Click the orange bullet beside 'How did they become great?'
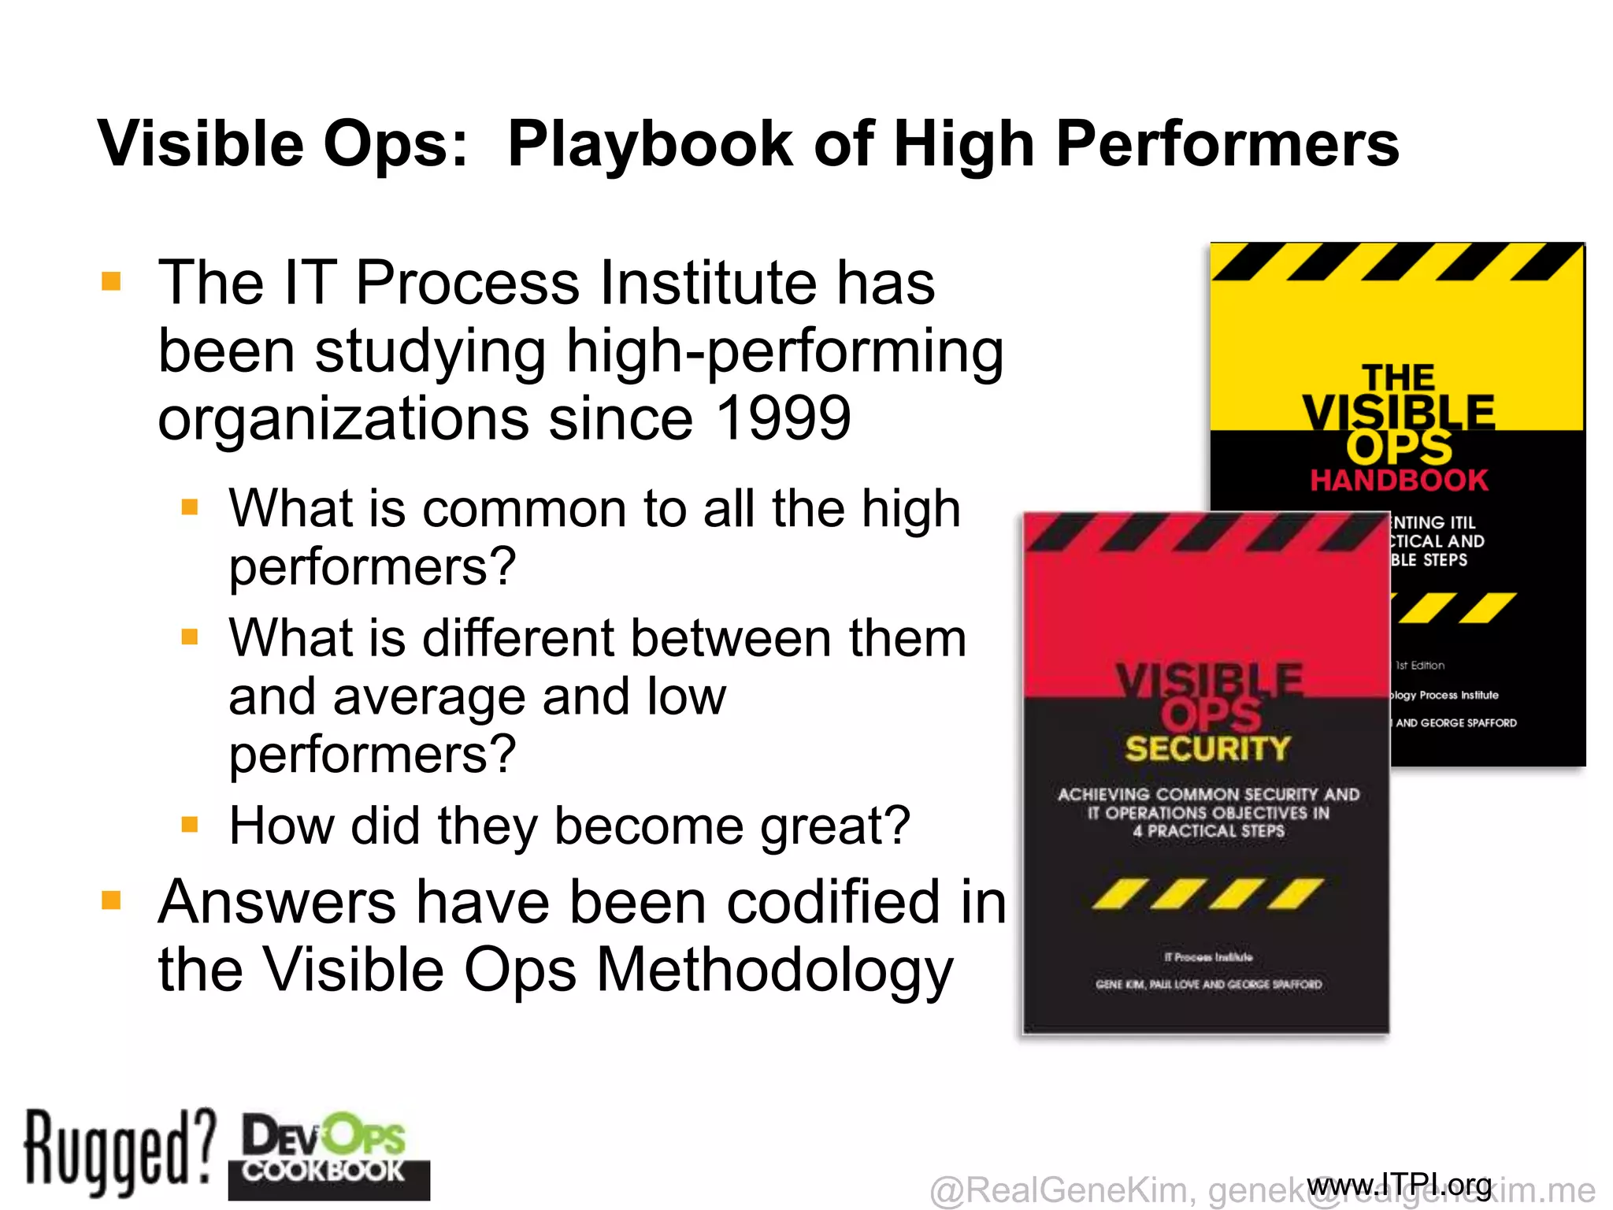(x=190, y=825)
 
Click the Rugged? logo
(x=118, y=1152)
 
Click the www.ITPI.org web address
(x=1399, y=1184)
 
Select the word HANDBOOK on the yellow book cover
(x=1399, y=480)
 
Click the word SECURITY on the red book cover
(x=1207, y=748)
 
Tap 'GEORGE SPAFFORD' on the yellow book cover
(x=1468, y=723)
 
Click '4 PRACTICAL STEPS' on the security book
(x=1208, y=831)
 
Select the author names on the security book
(x=1208, y=985)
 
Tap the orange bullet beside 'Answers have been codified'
(x=112, y=900)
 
